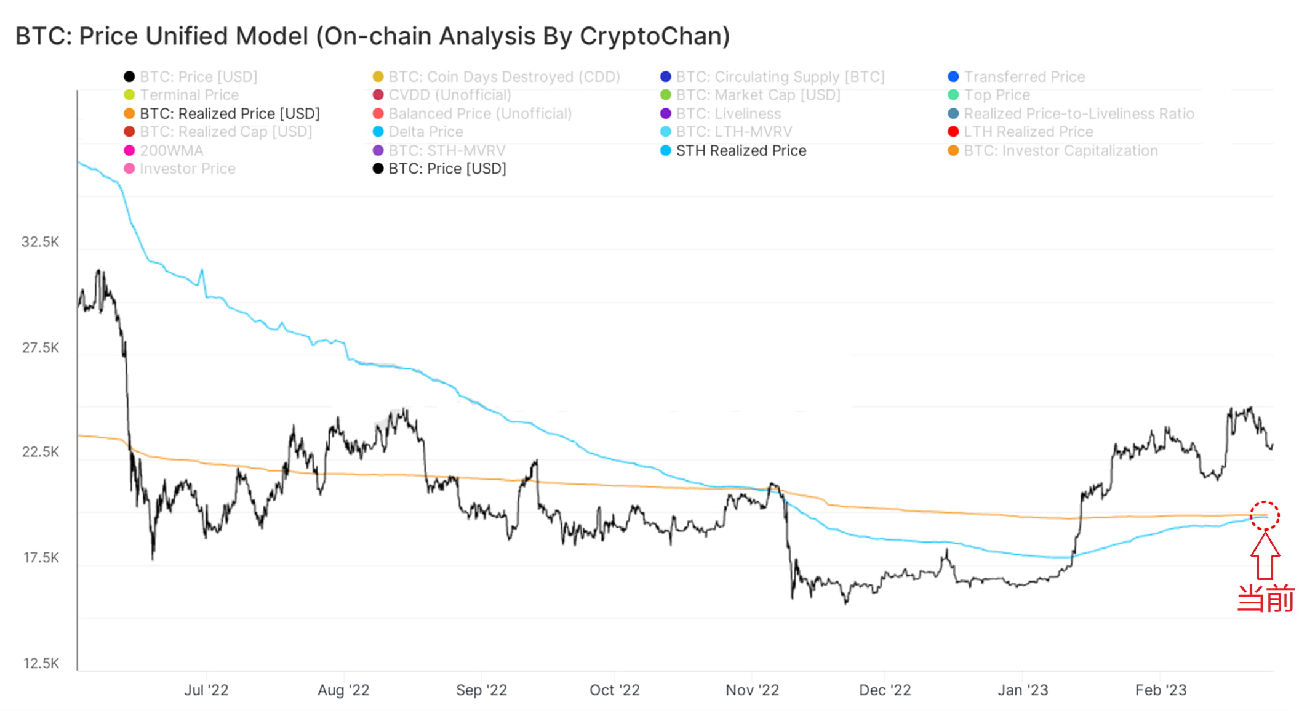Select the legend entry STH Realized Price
coord(740,151)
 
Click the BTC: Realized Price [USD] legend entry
coord(229,114)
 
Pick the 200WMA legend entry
coord(170,151)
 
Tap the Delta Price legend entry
coord(425,132)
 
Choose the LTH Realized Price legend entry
coord(1028,132)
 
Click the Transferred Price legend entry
coord(1024,77)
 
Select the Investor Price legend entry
coord(187,169)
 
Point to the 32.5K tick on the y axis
coord(41,242)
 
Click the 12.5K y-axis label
coord(41,663)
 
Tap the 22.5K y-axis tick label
coord(41,452)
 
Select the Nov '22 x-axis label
coord(752,690)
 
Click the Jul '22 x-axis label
coord(206,690)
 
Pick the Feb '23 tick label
coord(1161,690)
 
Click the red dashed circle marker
coord(1265,515)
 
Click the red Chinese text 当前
coord(1265,599)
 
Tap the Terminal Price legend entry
coord(188,95)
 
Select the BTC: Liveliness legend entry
coord(728,114)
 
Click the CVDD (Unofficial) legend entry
coord(449,95)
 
